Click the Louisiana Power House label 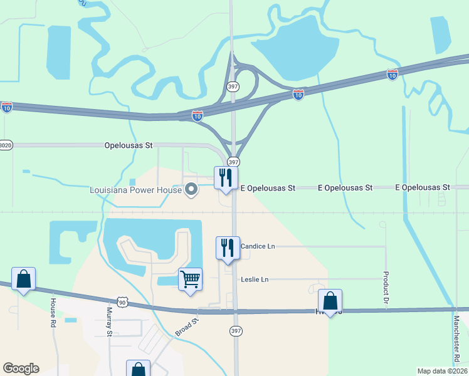click(134, 189)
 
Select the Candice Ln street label click(258, 246)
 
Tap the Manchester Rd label click(458, 339)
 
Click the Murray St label click(108, 321)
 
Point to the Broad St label click(187, 326)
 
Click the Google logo click(21, 368)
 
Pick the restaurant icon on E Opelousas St click(225, 177)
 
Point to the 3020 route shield click(5, 145)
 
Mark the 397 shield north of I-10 click(232, 85)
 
